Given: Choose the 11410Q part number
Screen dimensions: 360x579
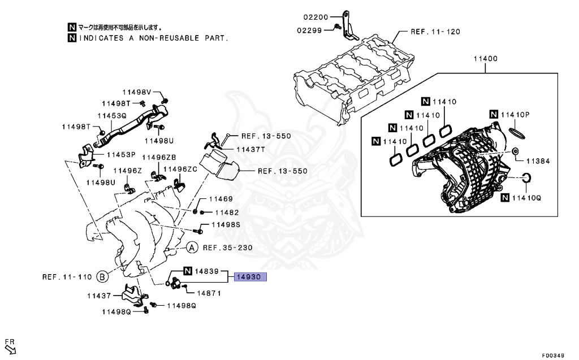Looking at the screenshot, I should tap(527, 198).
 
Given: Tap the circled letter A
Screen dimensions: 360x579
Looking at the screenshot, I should tap(192, 248).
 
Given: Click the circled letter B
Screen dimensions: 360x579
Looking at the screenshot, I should tap(102, 277).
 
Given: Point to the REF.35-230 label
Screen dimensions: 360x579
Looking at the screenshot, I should tap(227, 248).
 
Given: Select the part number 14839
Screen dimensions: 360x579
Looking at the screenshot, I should tap(207, 271).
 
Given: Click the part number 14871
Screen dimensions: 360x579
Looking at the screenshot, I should tap(209, 293).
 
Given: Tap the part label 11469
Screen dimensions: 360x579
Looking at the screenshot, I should tap(221, 199).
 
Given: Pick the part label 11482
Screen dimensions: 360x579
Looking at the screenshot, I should tap(227, 212).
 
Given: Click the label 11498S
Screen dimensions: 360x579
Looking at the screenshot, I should tap(226, 225).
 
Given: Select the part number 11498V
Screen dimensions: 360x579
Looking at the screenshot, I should tap(137, 92).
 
